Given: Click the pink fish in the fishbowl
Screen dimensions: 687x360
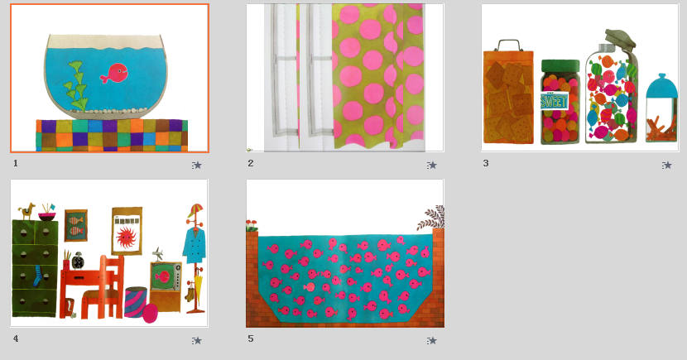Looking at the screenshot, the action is [114, 73].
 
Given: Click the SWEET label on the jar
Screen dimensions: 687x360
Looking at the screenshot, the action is [555, 101].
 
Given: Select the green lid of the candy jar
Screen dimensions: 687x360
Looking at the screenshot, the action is [560, 65].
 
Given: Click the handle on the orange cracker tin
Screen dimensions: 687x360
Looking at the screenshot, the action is [509, 44].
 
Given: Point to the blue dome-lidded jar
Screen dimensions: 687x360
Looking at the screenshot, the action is [661, 108].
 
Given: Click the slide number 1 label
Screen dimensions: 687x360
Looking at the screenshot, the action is [16, 163].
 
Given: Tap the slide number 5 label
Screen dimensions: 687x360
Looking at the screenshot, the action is [251, 338].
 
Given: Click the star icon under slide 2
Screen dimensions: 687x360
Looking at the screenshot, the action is [432, 166].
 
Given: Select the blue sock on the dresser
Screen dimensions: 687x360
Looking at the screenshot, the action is [38, 276].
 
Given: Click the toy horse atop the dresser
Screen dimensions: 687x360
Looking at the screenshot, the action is [27, 211].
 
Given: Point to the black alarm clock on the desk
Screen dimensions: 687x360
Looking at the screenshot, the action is [78, 261].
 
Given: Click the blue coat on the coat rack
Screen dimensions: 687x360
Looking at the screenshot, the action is [195, 245].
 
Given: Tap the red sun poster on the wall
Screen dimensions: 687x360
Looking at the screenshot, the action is [127, 231].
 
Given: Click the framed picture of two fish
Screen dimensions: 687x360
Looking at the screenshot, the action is [76, 226].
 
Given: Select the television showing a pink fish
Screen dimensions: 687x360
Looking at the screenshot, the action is [166, 276].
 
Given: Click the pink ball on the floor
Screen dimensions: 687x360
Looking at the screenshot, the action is [150, 313].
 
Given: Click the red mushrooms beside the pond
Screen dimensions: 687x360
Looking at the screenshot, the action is [252, 226].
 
